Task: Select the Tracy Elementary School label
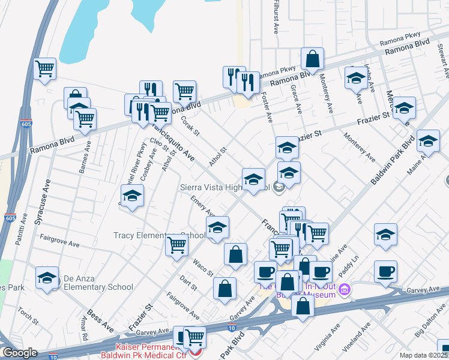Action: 159,236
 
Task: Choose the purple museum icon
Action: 343,291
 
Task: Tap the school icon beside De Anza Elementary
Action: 47,278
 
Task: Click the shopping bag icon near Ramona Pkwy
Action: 312,59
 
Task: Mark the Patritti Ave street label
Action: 22,227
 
